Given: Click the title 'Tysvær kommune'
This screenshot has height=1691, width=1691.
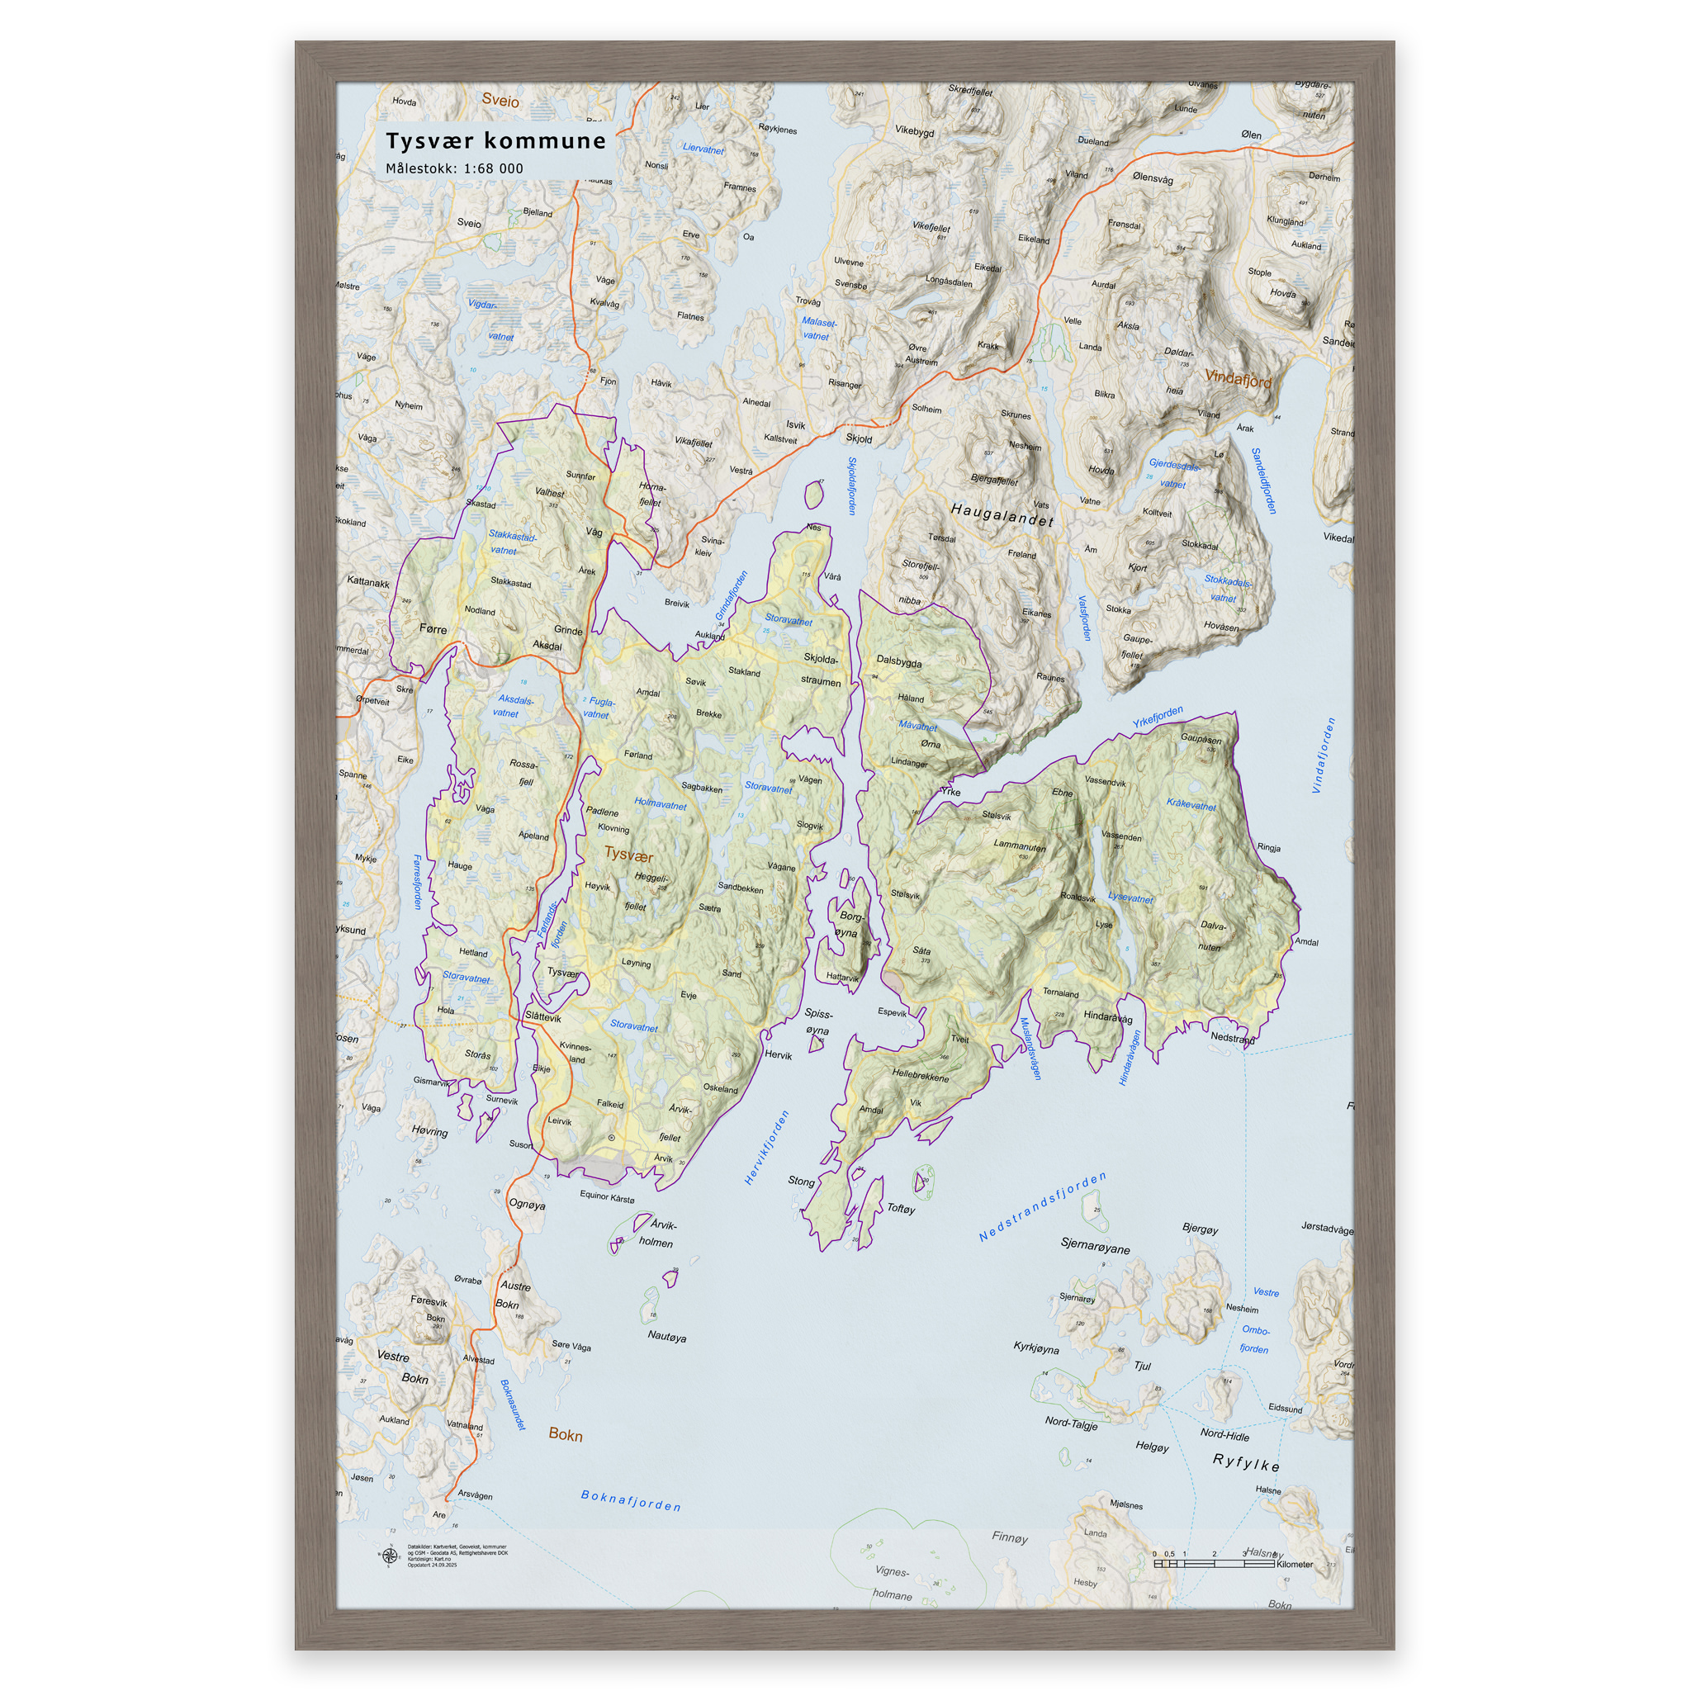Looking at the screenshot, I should coord(495,141).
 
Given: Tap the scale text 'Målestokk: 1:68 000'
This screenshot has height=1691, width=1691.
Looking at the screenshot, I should coord(454,169).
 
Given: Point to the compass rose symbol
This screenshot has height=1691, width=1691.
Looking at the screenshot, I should coord(389,1556).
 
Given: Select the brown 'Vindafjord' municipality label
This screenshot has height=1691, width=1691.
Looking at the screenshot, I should coord(1238,378).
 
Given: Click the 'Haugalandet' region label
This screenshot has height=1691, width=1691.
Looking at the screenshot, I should coord(1002,514).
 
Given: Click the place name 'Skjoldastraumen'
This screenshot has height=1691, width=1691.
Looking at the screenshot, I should coord(821,670).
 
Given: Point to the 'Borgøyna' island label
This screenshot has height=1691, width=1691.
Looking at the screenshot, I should coord(849,924).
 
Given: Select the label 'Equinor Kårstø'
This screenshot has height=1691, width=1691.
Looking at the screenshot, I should coord(607,1196).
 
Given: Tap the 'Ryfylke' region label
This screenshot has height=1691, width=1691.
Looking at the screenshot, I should coord(1245,1462).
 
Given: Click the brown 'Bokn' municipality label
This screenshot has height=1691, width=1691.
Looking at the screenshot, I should coord(565,1434).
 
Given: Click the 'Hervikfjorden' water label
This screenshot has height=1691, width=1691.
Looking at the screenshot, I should coord(767,1147).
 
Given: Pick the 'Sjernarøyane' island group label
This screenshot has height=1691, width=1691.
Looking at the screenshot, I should coord(1095,1248).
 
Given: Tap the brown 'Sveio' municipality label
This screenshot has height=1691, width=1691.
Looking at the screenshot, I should coord(500,101).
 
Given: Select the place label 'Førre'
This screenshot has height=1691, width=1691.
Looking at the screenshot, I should coord(433,628).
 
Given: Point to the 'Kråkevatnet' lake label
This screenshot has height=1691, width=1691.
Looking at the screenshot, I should coord(1191,804).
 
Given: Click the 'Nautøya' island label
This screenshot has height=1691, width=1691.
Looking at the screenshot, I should coord(666,1337).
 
